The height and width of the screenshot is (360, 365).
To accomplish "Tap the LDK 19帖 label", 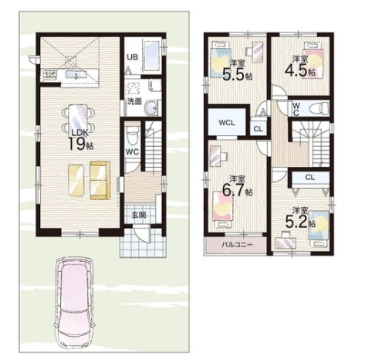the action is tap(80, 140).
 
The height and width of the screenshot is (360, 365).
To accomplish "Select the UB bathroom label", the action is tap(133, 57).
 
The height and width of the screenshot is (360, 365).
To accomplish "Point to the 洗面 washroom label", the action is tap(134, 101).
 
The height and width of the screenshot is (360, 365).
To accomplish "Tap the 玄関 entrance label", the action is tap(139, 215).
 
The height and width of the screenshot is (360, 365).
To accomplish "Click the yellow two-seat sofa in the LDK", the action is tap(100, 180).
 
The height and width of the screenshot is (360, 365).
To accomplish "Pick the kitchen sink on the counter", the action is tap(74, 74).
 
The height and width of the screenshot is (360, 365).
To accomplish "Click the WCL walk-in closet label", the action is tap(227, 123).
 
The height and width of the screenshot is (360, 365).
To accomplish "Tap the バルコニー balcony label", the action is tap(234, 244).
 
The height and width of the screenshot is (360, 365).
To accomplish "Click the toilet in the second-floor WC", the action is tap(318, 109).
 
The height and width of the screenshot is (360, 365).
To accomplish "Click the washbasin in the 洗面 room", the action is tap(151, 107).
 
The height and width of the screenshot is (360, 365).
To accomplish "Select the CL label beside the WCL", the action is tap(259, 129).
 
